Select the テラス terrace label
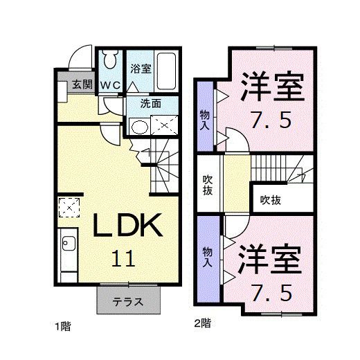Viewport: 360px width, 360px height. pos(128,302)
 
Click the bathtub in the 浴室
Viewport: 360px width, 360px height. pos(167,71)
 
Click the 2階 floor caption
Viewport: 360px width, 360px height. pos(202,323)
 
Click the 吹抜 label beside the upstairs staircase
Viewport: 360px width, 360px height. pos(270,200)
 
